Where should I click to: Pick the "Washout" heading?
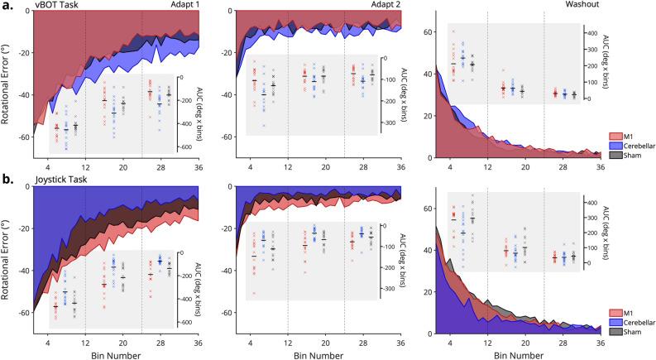click(x=582, y=7)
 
